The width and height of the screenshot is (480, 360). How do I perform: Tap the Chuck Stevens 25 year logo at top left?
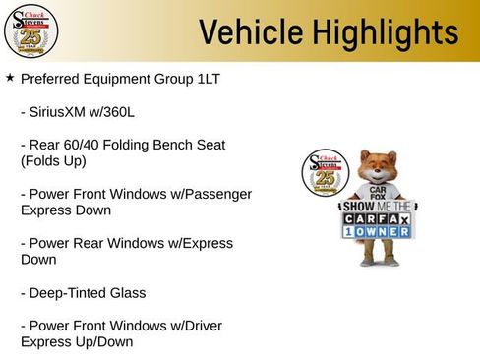coord(30,30)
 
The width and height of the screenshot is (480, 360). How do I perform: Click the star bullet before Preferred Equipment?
coord(10,77)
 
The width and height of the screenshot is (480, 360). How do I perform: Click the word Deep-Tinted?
coord(67,292)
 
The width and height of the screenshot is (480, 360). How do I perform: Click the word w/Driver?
coord(196,326)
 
